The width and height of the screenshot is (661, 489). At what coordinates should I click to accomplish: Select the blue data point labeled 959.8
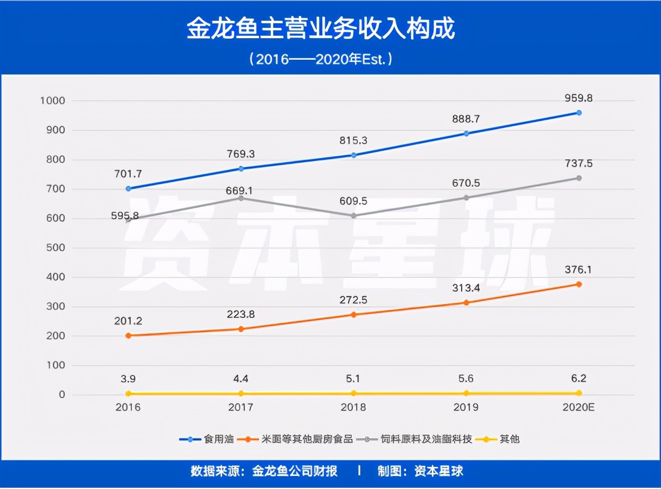pyautogui.click(x=579, y=113)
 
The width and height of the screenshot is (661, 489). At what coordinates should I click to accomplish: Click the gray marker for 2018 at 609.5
pyautogui.click(x=353, y=216)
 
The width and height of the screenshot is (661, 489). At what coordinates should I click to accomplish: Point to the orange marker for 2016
pyautogui.click(x=128, y=336)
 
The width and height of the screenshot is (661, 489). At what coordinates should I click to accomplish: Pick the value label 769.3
pyautogui.click(x=240, y=154)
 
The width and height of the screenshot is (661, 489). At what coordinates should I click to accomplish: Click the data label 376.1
pyautogui.click(x=579, y=270)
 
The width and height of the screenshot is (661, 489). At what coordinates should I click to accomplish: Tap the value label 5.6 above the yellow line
pyautogui.click(x=466, y=378)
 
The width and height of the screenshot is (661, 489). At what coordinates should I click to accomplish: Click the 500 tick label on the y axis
pyautogui.click(x=54, y=247)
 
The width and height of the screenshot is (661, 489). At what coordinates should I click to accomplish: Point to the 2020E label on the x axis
pyautogui.click(x=579, y=408)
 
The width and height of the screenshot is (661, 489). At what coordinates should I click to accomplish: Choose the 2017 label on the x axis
pyautogui.click(x=240, y=408)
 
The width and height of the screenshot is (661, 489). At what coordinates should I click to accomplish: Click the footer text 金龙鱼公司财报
pyautogui.click(x=295, y=471)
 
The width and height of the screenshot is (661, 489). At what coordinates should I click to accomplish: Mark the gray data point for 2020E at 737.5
pyautogui.click(x=579, y=178)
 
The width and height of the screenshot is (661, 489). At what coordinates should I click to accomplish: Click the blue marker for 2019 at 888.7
pyautogui.click(x=466, y=134)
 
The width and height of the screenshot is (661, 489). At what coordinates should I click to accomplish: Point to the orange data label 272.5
pyautogui.click(x=353, y=300)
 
